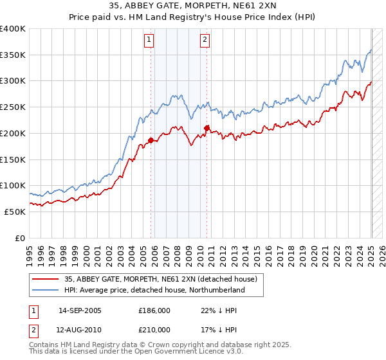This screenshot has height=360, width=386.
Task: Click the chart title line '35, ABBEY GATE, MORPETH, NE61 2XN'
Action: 192,6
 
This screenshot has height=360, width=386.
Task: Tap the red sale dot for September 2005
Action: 151,140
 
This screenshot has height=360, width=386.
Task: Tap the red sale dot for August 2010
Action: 207,128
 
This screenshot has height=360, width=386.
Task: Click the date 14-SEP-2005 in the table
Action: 80,310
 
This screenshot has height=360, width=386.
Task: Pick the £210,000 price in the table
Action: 154,329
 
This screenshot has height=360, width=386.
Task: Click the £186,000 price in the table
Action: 154,310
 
